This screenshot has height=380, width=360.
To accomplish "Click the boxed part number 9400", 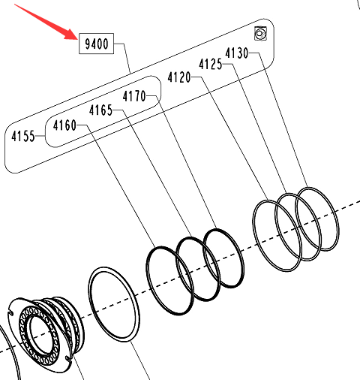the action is click(x=97, y=44).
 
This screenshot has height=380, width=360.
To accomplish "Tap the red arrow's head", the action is click(x=71, y=35).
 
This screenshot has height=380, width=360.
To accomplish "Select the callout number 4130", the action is click(x=236, y=53).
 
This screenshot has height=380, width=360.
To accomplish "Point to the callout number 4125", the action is click(x=210, y=64).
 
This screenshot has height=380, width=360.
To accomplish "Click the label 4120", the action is click(x=179, y=77).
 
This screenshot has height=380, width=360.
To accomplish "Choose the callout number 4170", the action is click(x=134, y=96).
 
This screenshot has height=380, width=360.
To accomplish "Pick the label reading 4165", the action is click(x=100, y=110).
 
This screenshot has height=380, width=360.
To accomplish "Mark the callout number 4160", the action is click(x=64, y=125).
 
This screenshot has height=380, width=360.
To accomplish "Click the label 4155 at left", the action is click(x=23, y=137).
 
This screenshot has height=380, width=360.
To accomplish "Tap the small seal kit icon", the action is click(x=260, y=34).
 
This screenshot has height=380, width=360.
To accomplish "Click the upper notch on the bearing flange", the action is click(x=11, y=312).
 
